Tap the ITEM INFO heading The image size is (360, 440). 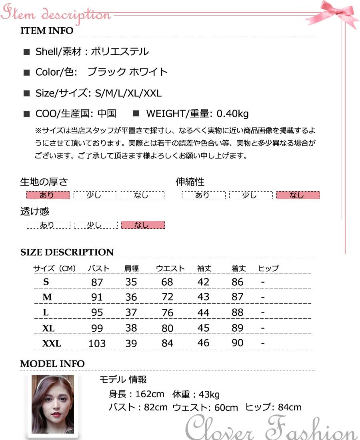point(47,31)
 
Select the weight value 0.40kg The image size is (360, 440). point(232,114)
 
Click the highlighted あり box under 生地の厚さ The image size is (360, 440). point(48,195)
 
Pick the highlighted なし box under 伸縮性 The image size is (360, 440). point(298,195)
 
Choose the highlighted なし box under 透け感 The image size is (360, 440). point(143,225)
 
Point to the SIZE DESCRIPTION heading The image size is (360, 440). point(67,252)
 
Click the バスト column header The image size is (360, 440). point(96,268)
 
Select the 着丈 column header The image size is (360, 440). point(238,268)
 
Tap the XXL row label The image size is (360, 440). point(52,344)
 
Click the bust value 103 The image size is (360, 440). point(97,344)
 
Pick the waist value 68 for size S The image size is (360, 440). point(167,282)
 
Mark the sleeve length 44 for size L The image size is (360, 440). point(203,312)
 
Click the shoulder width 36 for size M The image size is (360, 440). point(131,297)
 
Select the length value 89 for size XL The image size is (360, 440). point(238,328)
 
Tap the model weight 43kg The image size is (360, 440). point(209,394)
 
